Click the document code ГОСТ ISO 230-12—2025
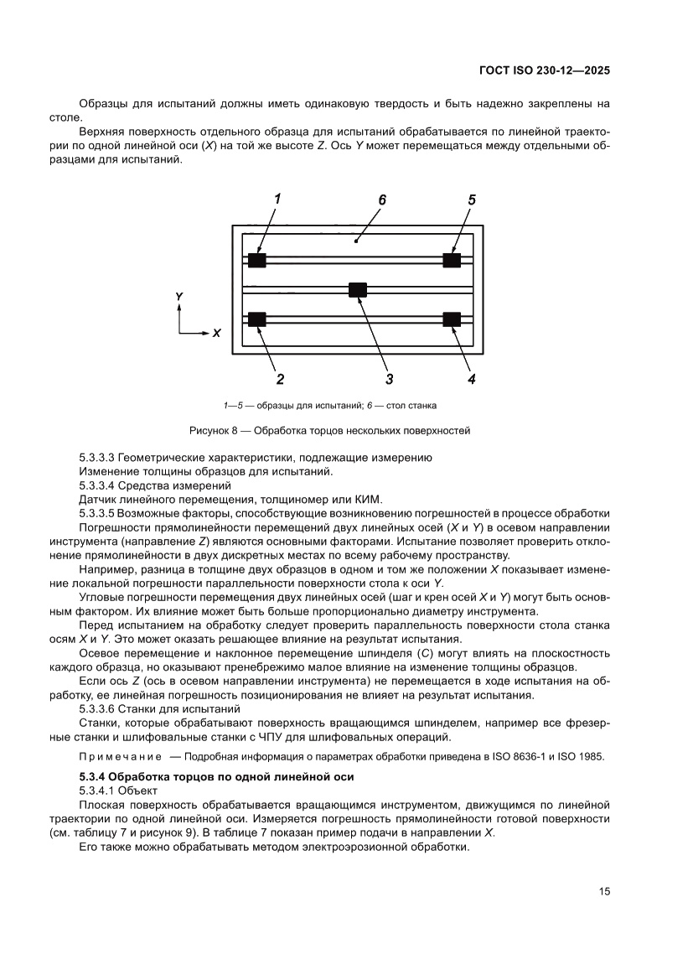[x=544, y=71]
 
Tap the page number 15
[x=603, y=891]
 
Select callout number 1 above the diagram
[x=277, y=200]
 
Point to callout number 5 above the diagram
[x=472, y=200]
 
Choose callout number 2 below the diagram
[x=280, y=379]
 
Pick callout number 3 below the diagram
[x=389, y=379]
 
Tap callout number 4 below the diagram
[x=471, y=379]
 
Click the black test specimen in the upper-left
[x=257, y=261]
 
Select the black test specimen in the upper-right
[x=452, y=261]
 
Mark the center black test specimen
[x=358, y=290]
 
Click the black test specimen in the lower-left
[x=257, y=319]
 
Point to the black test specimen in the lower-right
[x=452, y=319]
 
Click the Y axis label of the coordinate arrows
[x=179, y=297]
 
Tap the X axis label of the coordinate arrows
[x=216, y=333]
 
